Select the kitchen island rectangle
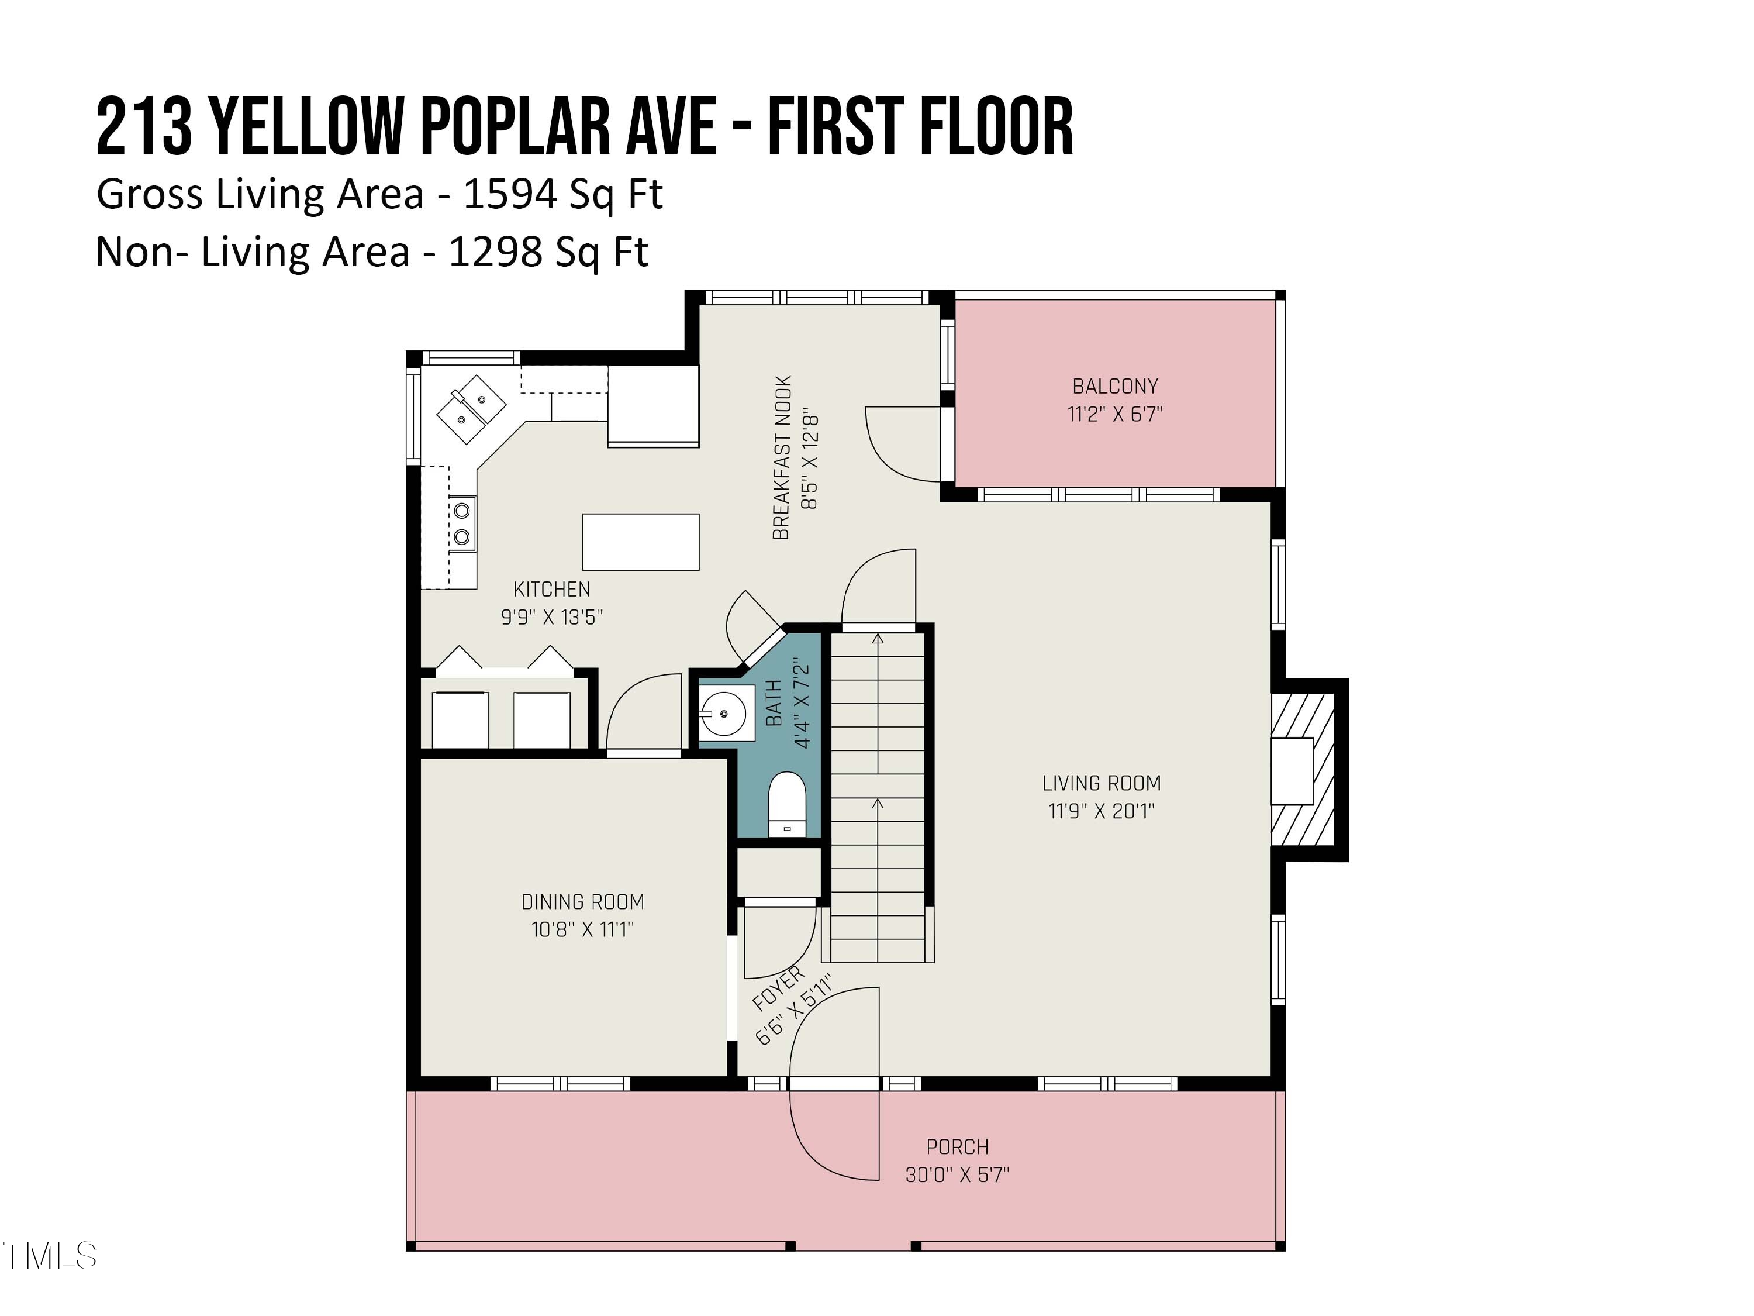pyautogui.click(x=641, y=542)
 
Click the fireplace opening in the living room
pyautogui.click(x=1293, y=771)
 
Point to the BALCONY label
pyautogui.click(x=1115, y=386)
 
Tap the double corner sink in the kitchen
pyautogui.click(x=471, y=408)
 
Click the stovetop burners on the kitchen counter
pyautogui.click(x=461, y=523)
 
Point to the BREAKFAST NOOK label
pyautogui.click(x=782, y=458)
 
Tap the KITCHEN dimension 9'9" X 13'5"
pyautogui.click(x=552, y=617)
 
